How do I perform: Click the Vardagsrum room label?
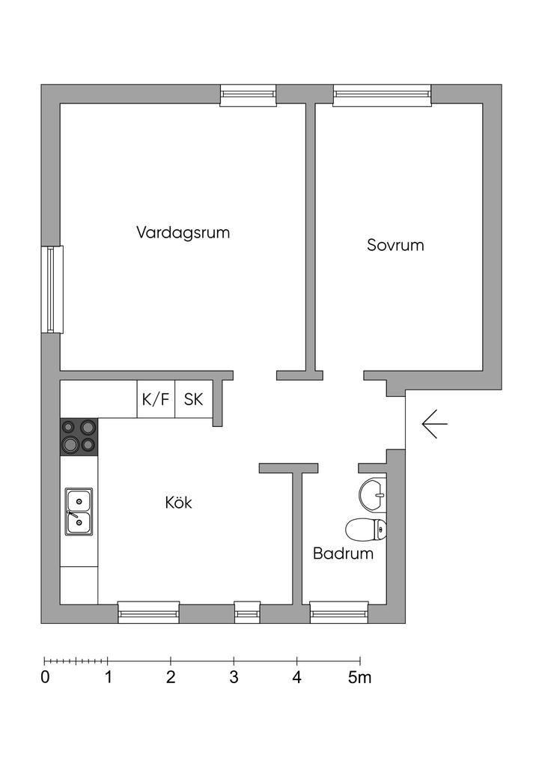click(183, 232)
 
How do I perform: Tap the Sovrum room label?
click(395, 245)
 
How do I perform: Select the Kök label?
click(178, 503)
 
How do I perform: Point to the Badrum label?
click(343, 554)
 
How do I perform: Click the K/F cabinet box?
click(156, 399)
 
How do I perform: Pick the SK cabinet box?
click(193, 399)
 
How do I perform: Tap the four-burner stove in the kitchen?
click(79, 436)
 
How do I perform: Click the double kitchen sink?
click(79, 512)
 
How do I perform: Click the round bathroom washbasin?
click(373, 493)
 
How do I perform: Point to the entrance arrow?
click(434, 424)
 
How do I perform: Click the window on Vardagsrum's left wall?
click(51, 289)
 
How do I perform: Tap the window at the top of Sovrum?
click(382, 94)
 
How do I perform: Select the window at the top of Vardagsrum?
click(248, 94)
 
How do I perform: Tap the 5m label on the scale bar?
click(359, 679)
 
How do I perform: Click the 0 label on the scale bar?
click(46, 679)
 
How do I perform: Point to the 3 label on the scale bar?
click(234, 679)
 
